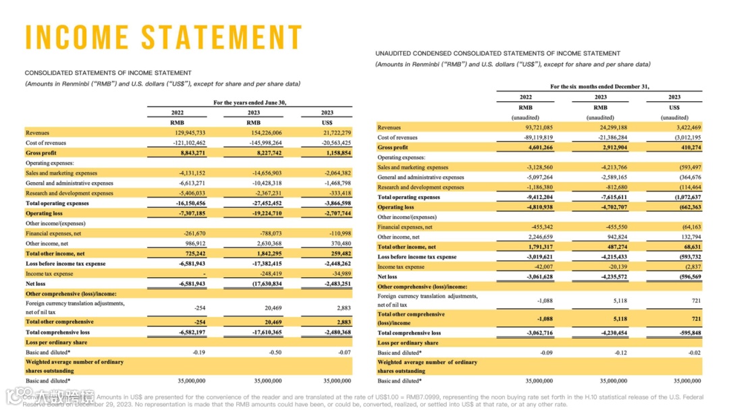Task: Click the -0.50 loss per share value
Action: [x=275, y=352]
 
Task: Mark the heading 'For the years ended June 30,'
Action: [x=250, y=102]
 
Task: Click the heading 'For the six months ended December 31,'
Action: [x=599, y=87]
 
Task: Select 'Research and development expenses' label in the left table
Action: [x=70, y=193]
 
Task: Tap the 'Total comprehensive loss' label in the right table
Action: [x=409, y=333]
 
